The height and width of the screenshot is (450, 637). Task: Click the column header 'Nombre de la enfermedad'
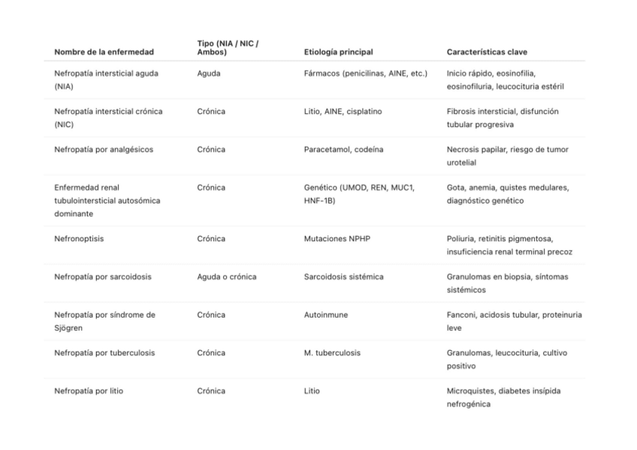tap(104, 52)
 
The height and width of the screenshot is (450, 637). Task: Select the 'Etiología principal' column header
tap(338, 52)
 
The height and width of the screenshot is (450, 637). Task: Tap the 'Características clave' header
tap(487, 52)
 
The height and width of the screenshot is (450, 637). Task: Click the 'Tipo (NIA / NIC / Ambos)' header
tap(228, 47)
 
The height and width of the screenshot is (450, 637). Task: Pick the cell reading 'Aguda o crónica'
tap(226, 276)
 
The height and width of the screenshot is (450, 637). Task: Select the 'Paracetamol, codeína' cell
tap(343, 149)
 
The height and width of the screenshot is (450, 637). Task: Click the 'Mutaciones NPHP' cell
tap(337, 239)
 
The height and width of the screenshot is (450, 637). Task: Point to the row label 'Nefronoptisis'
tap(79, 239)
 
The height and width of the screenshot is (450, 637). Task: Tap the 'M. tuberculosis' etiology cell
tap(332, 353)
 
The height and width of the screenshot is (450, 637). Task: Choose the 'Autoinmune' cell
tap(326, 315)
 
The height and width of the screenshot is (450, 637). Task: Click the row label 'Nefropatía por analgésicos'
tap(104, 149)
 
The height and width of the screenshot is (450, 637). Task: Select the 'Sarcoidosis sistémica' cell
tap(343, 276)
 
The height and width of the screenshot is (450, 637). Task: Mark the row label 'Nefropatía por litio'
tap(89, 391)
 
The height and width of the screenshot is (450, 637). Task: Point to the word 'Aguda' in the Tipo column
tap(208, 73)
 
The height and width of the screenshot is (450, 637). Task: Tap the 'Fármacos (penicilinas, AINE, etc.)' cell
tap(365, 73)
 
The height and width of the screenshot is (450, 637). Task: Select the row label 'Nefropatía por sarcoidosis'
tap(103, 276)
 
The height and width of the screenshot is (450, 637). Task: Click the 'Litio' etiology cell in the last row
tap(312, 391)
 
